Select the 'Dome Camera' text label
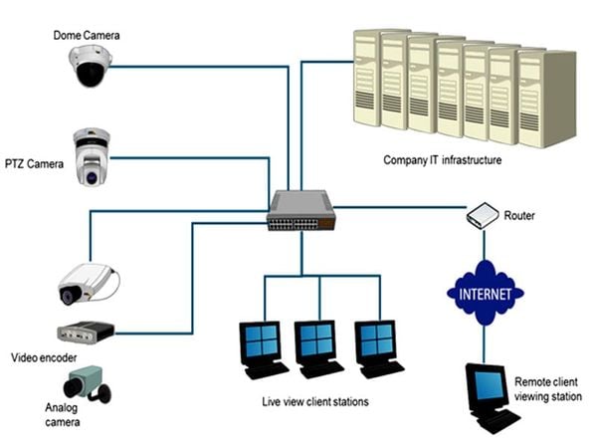click(x=87, y=35)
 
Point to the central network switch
click(x=300, y=208)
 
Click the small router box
click(x=480, y=215)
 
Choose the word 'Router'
click(x=519, y=215)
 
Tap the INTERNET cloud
click(x=485, y=294)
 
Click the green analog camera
click(x=88, y=385)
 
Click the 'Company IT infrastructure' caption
click(x=443, y=159)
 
